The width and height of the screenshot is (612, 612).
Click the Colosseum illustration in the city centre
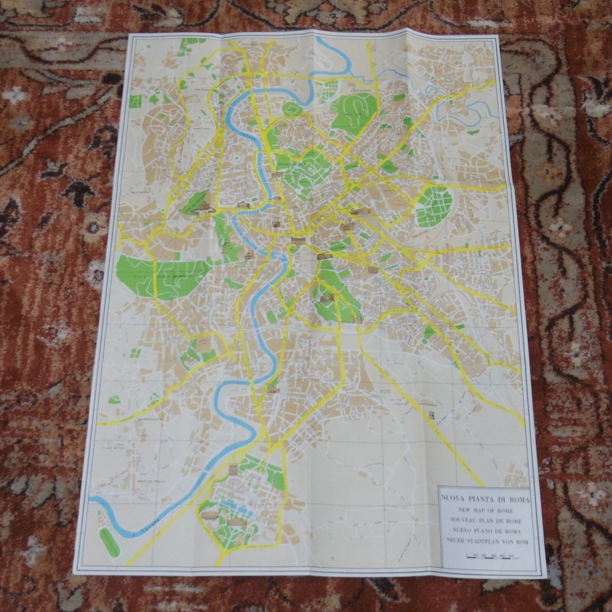click(x=324, y=257)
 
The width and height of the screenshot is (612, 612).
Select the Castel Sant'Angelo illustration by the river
click(x=243, y=205)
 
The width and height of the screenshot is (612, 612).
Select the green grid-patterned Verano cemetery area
click(x=431, y=207)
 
